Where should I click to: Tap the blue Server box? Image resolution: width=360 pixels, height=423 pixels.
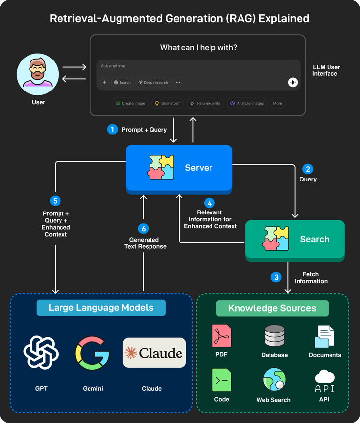(x=179, y=168)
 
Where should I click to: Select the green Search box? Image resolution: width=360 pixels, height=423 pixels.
(x=295, y=240)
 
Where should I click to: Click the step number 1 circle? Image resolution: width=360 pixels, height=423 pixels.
(x=113, y=130)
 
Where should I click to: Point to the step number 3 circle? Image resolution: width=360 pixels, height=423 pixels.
(x=276, y=277)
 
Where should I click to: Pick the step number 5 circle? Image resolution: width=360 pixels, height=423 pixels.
(x=56, y=200)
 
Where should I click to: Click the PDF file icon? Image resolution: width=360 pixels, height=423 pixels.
(x=222, y=336)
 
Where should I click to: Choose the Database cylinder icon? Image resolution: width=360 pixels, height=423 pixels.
(x=274, y=336)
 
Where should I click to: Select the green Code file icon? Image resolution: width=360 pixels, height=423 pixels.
(x=222, y=380)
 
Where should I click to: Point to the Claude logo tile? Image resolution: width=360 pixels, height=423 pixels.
(x=154, y=353)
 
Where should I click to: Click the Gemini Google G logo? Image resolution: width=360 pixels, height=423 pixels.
(x=92, y=353)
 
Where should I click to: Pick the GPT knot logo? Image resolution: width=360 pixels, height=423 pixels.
(x=41, y=353)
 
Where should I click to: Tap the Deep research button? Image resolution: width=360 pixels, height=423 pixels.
(x=152, y=82)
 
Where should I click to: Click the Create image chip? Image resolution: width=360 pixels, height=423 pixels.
(x=130, y=103)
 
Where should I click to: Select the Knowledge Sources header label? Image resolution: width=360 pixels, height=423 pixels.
(x=272, y=308)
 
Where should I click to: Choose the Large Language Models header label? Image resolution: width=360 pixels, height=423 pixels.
(x=101, y=308)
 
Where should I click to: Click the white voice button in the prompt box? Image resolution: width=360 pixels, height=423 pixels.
(x=293, y=82)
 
